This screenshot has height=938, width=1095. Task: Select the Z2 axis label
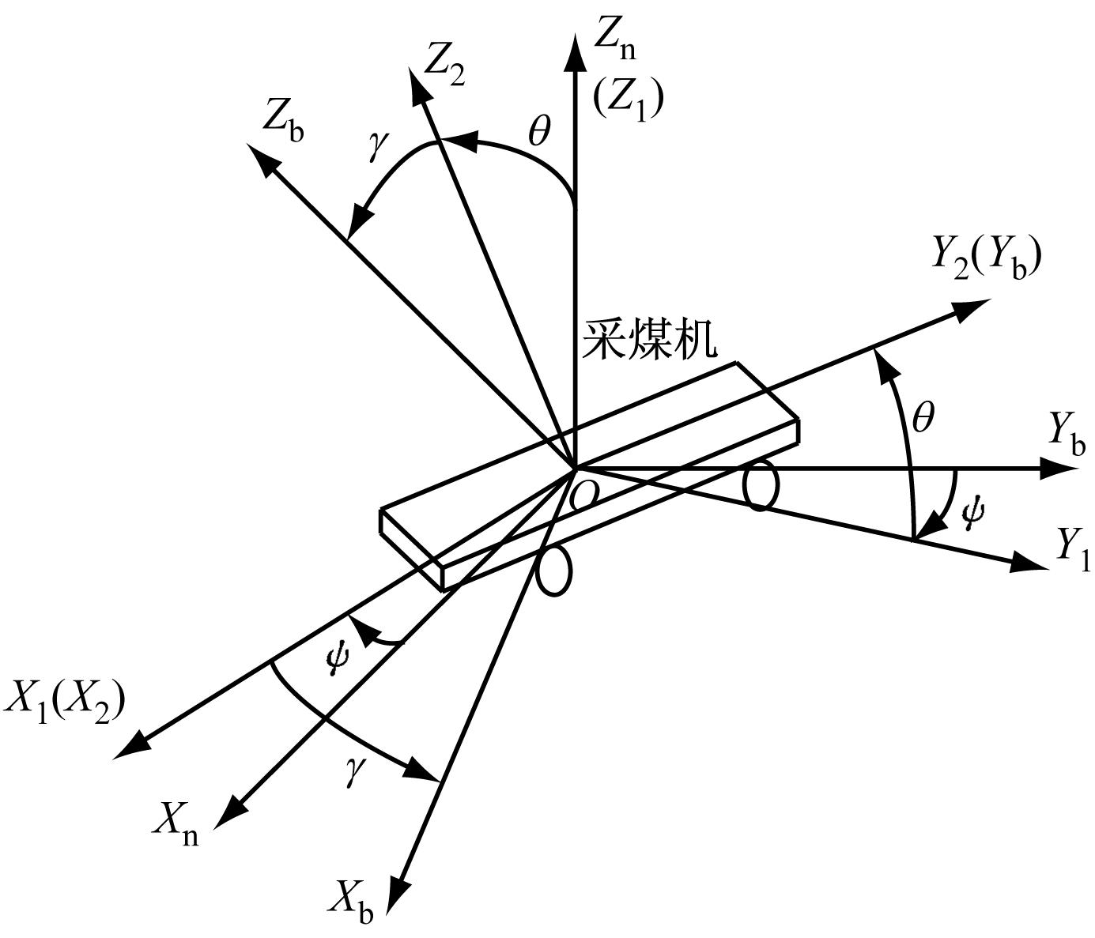pos(444,69)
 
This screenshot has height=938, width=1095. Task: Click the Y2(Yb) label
pos(987,258)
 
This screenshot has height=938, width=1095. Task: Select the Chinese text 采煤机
pos(649,340)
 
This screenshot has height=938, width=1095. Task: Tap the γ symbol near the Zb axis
pos(379,146)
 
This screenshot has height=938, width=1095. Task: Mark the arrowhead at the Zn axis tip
pos(573,51)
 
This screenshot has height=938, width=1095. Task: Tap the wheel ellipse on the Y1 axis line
pos(761,486)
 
